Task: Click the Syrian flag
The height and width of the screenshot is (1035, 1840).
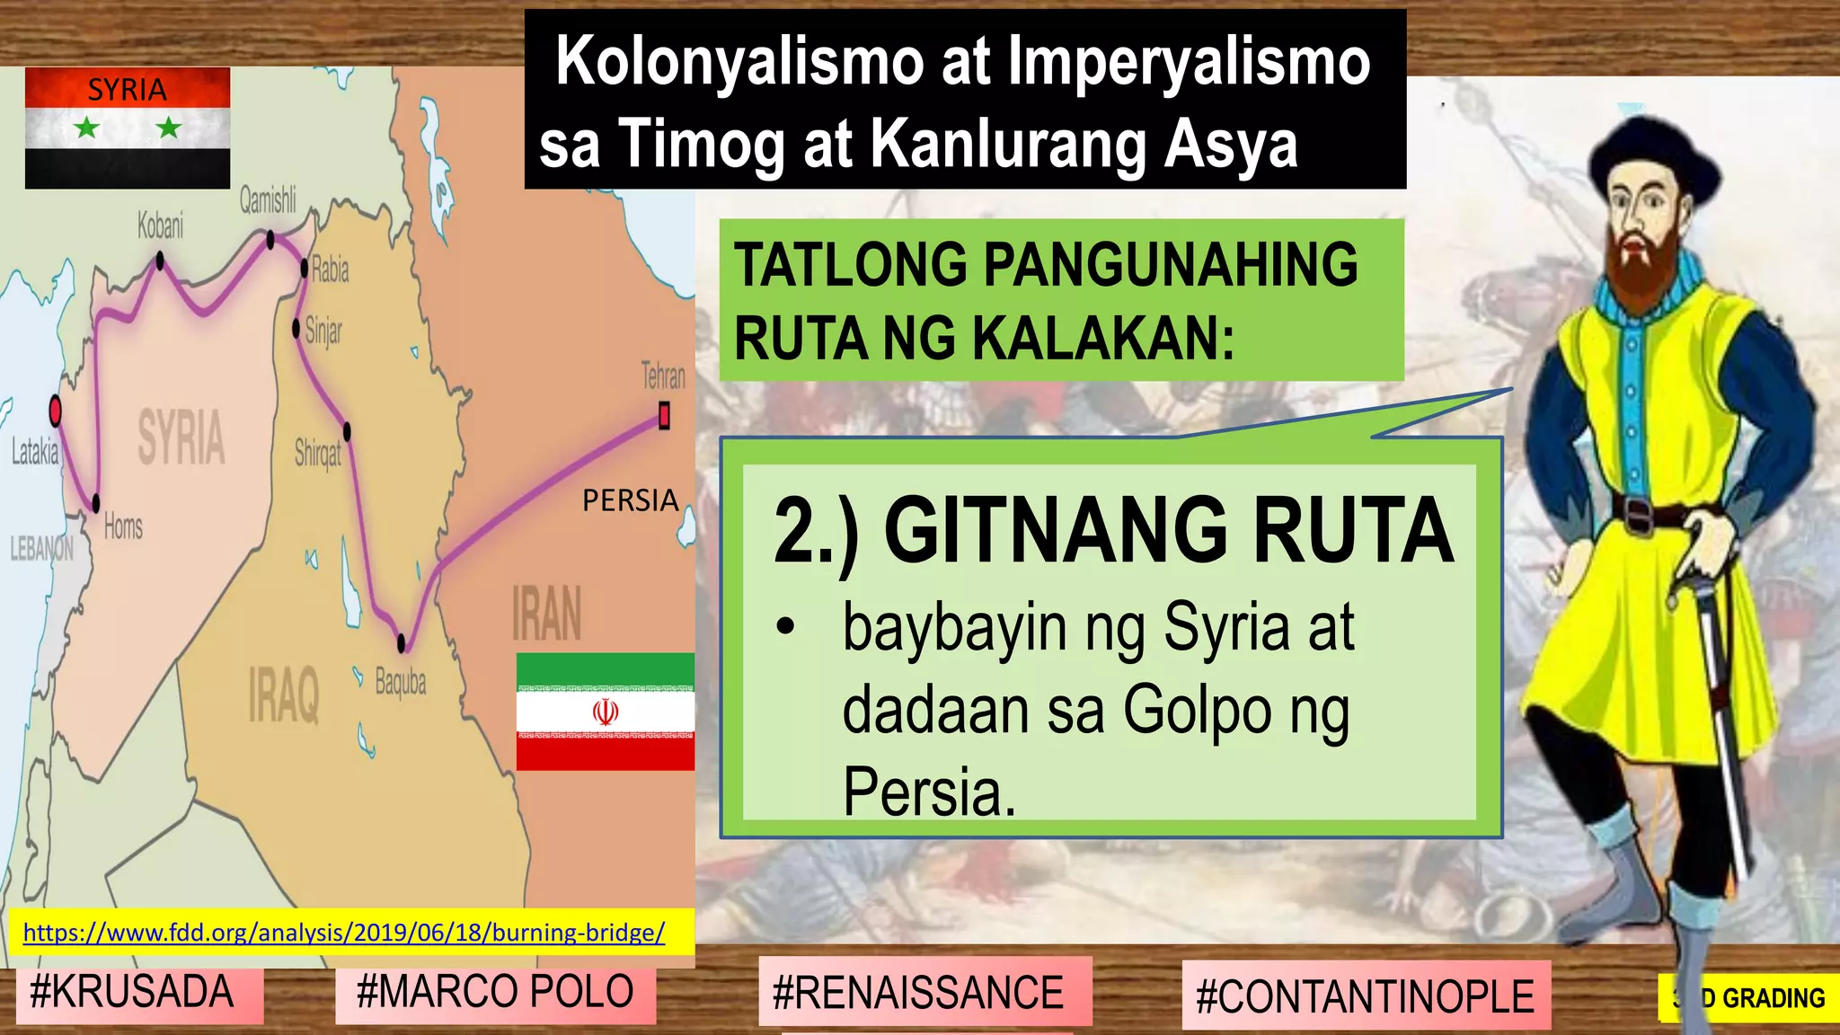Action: click(x=128, y=128)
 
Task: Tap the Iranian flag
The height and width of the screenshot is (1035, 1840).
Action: click(x=605, y=712)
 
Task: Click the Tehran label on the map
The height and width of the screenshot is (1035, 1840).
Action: click(x=663, y=376)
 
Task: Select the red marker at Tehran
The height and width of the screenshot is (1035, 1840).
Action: click(x=664, y=416)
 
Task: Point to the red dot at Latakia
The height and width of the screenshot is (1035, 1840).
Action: click(x=55, y=411)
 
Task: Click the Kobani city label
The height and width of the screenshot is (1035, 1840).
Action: click(x=160, y=226)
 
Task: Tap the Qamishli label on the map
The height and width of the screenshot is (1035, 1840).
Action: click(x=267, y=199)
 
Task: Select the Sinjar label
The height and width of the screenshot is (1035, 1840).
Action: click(x=323, y=331)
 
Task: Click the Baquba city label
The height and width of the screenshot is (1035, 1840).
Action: click(x=401, y=683)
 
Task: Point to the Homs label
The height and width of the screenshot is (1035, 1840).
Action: click(x=123, y=526)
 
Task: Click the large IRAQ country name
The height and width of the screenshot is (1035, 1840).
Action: click(x=284, y=694)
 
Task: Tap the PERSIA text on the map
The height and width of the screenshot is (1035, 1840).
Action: click(x=630, y=500)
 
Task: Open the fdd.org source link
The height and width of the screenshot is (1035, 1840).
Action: click(x=344, y=933)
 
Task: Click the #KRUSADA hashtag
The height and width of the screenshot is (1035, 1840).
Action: click(x=131, y=993)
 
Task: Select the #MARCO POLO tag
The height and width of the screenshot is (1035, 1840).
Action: click(x=495, y=993)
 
